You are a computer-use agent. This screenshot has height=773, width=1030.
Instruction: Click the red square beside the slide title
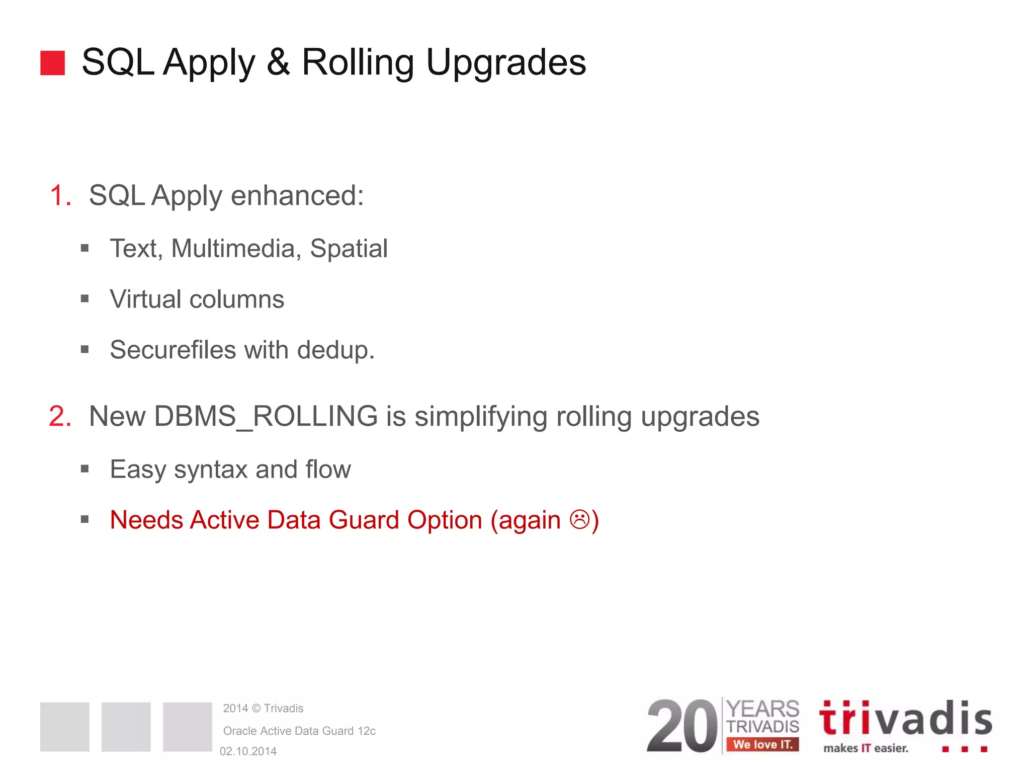click(52, 63)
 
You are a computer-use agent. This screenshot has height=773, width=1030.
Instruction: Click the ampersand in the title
click(278, 62)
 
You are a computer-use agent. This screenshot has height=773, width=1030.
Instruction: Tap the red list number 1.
click(60, 195)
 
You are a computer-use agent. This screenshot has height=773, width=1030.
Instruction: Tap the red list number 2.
click(60, 416)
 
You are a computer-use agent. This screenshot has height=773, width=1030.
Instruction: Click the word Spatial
click(349, 249)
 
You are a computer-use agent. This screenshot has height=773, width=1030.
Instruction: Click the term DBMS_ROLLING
click(266, 417)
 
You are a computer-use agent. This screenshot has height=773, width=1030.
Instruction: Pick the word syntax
click(211, 470)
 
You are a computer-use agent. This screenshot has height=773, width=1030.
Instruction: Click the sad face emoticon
click(579, 519)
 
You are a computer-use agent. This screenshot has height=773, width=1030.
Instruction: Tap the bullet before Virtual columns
click(84, 299)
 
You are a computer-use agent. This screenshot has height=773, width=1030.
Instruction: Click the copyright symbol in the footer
click(256, 709)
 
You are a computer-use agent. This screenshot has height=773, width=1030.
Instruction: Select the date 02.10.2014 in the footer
click(248, 751)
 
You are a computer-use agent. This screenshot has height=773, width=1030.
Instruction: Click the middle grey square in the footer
click(126, 727)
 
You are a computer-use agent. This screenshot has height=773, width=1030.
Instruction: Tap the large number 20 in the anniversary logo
click(682, 726)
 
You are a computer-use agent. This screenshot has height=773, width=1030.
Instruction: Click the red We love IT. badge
click(762, 744)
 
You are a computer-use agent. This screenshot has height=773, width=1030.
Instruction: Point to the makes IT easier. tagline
click(866, 748)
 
